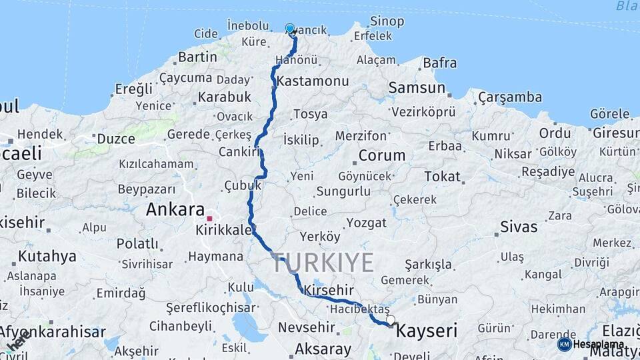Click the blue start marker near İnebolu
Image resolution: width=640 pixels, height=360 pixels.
point(290,29)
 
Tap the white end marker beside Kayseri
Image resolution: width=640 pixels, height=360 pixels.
point(390,320)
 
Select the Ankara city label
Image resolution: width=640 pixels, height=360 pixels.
point(175,210)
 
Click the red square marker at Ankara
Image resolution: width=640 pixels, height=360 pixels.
point(209,218)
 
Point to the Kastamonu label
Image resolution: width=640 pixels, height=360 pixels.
point(313,81)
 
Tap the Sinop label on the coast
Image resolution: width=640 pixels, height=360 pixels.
point(387,21)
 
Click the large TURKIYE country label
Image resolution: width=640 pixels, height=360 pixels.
point(323,263)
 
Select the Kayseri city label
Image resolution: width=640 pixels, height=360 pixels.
point(427,330)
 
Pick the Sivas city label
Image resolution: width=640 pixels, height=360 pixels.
point(519,227)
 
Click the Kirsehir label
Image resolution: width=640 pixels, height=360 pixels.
point(328,290)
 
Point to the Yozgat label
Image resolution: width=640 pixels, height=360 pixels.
point(366,223)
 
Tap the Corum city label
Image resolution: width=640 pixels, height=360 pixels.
point(381,155)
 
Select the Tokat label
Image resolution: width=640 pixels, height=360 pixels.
point(442,177)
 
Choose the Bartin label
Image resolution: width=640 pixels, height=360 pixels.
point(197,57)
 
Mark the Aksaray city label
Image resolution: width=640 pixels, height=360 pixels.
point(323,349)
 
